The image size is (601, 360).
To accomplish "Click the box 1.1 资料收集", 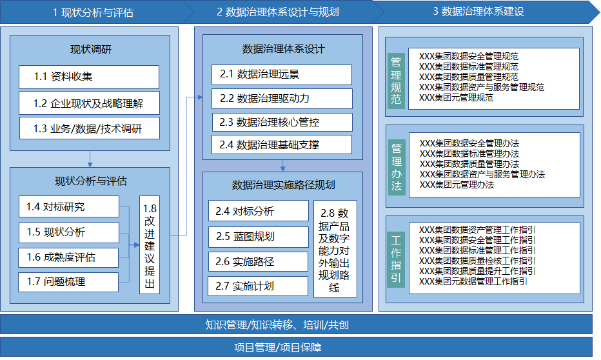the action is coord(89,77).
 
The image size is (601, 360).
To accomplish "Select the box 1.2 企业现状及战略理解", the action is coord(89,103).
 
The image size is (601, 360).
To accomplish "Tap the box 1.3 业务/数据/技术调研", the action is coord(90,128).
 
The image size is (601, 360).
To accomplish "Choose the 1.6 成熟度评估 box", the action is coord(68,257).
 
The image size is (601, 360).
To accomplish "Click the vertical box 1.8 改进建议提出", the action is coord(150,245).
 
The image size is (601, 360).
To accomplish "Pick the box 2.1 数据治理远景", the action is coord(282,74).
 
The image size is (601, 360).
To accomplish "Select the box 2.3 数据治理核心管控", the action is coord(282,123).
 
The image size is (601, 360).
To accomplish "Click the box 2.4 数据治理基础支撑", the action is coord(282,145).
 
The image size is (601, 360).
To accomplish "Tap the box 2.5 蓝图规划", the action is coord(259,237).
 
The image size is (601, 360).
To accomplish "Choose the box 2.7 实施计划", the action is coord(258,286).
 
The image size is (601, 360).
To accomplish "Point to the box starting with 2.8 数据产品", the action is coord(335,249).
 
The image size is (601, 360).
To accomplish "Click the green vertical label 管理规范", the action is coord(396,81).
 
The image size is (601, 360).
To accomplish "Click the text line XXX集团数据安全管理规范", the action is coord(468,56).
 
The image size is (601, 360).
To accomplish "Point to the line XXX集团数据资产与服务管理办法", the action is coord(482,174).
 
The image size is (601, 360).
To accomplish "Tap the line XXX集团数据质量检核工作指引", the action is coord(477,261).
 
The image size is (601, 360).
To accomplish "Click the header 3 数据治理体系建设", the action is coord(478,12).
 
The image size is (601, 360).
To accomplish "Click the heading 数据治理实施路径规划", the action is coord(283,185).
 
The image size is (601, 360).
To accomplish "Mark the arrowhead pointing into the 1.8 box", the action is coord(137,245).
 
